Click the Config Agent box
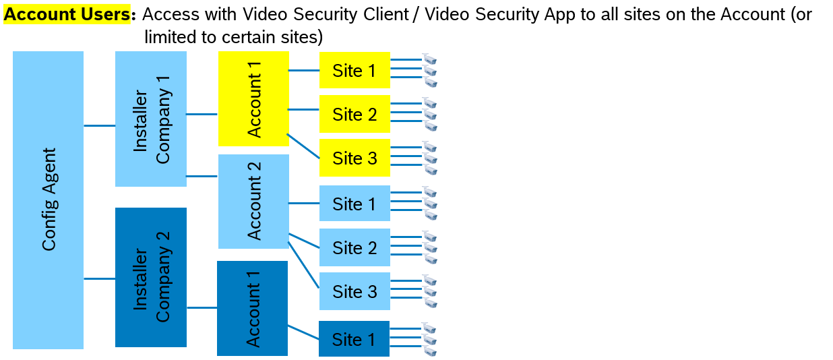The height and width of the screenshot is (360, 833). tap(48, 200)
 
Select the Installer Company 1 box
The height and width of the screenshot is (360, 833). tap(151, 119)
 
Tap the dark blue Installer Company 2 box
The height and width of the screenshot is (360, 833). tap(151, 277)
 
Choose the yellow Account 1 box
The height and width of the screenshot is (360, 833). tap(253, 98)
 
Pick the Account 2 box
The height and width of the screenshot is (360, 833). tap(253, 202)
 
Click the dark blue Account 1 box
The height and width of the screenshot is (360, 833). tap(252, 308)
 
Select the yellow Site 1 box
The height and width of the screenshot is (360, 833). tap(354, 70)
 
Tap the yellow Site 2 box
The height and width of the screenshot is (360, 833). tap(354, 114)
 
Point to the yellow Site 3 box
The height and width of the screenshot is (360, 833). tap(354, 158)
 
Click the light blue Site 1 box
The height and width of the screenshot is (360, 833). tap(354, 203)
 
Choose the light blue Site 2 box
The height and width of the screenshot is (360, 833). tap(354, 247)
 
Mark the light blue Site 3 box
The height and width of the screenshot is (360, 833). tap(354, 291)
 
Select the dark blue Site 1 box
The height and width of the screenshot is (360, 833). tap(354, 338)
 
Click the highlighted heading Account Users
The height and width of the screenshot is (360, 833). tap(67, 14)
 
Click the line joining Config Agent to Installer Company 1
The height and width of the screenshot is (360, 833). tap(99, 125)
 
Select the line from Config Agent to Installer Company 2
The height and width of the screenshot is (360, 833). tap(99, 278)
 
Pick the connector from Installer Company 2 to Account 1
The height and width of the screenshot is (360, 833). tap(202, 308)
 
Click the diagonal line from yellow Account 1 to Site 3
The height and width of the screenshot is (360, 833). tap(303, 146)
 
